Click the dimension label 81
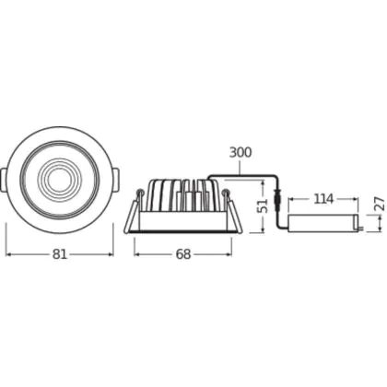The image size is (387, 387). click(60, 254)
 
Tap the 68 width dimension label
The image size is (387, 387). click(183, 254)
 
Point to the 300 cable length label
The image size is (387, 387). click(240, 152)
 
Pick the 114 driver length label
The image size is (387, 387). click(323, 199)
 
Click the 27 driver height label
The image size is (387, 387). click(381, 204)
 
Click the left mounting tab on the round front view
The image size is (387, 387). click(4, 180)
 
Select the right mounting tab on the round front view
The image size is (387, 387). click(115, 180)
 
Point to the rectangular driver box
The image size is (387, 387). click(323, 223)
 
